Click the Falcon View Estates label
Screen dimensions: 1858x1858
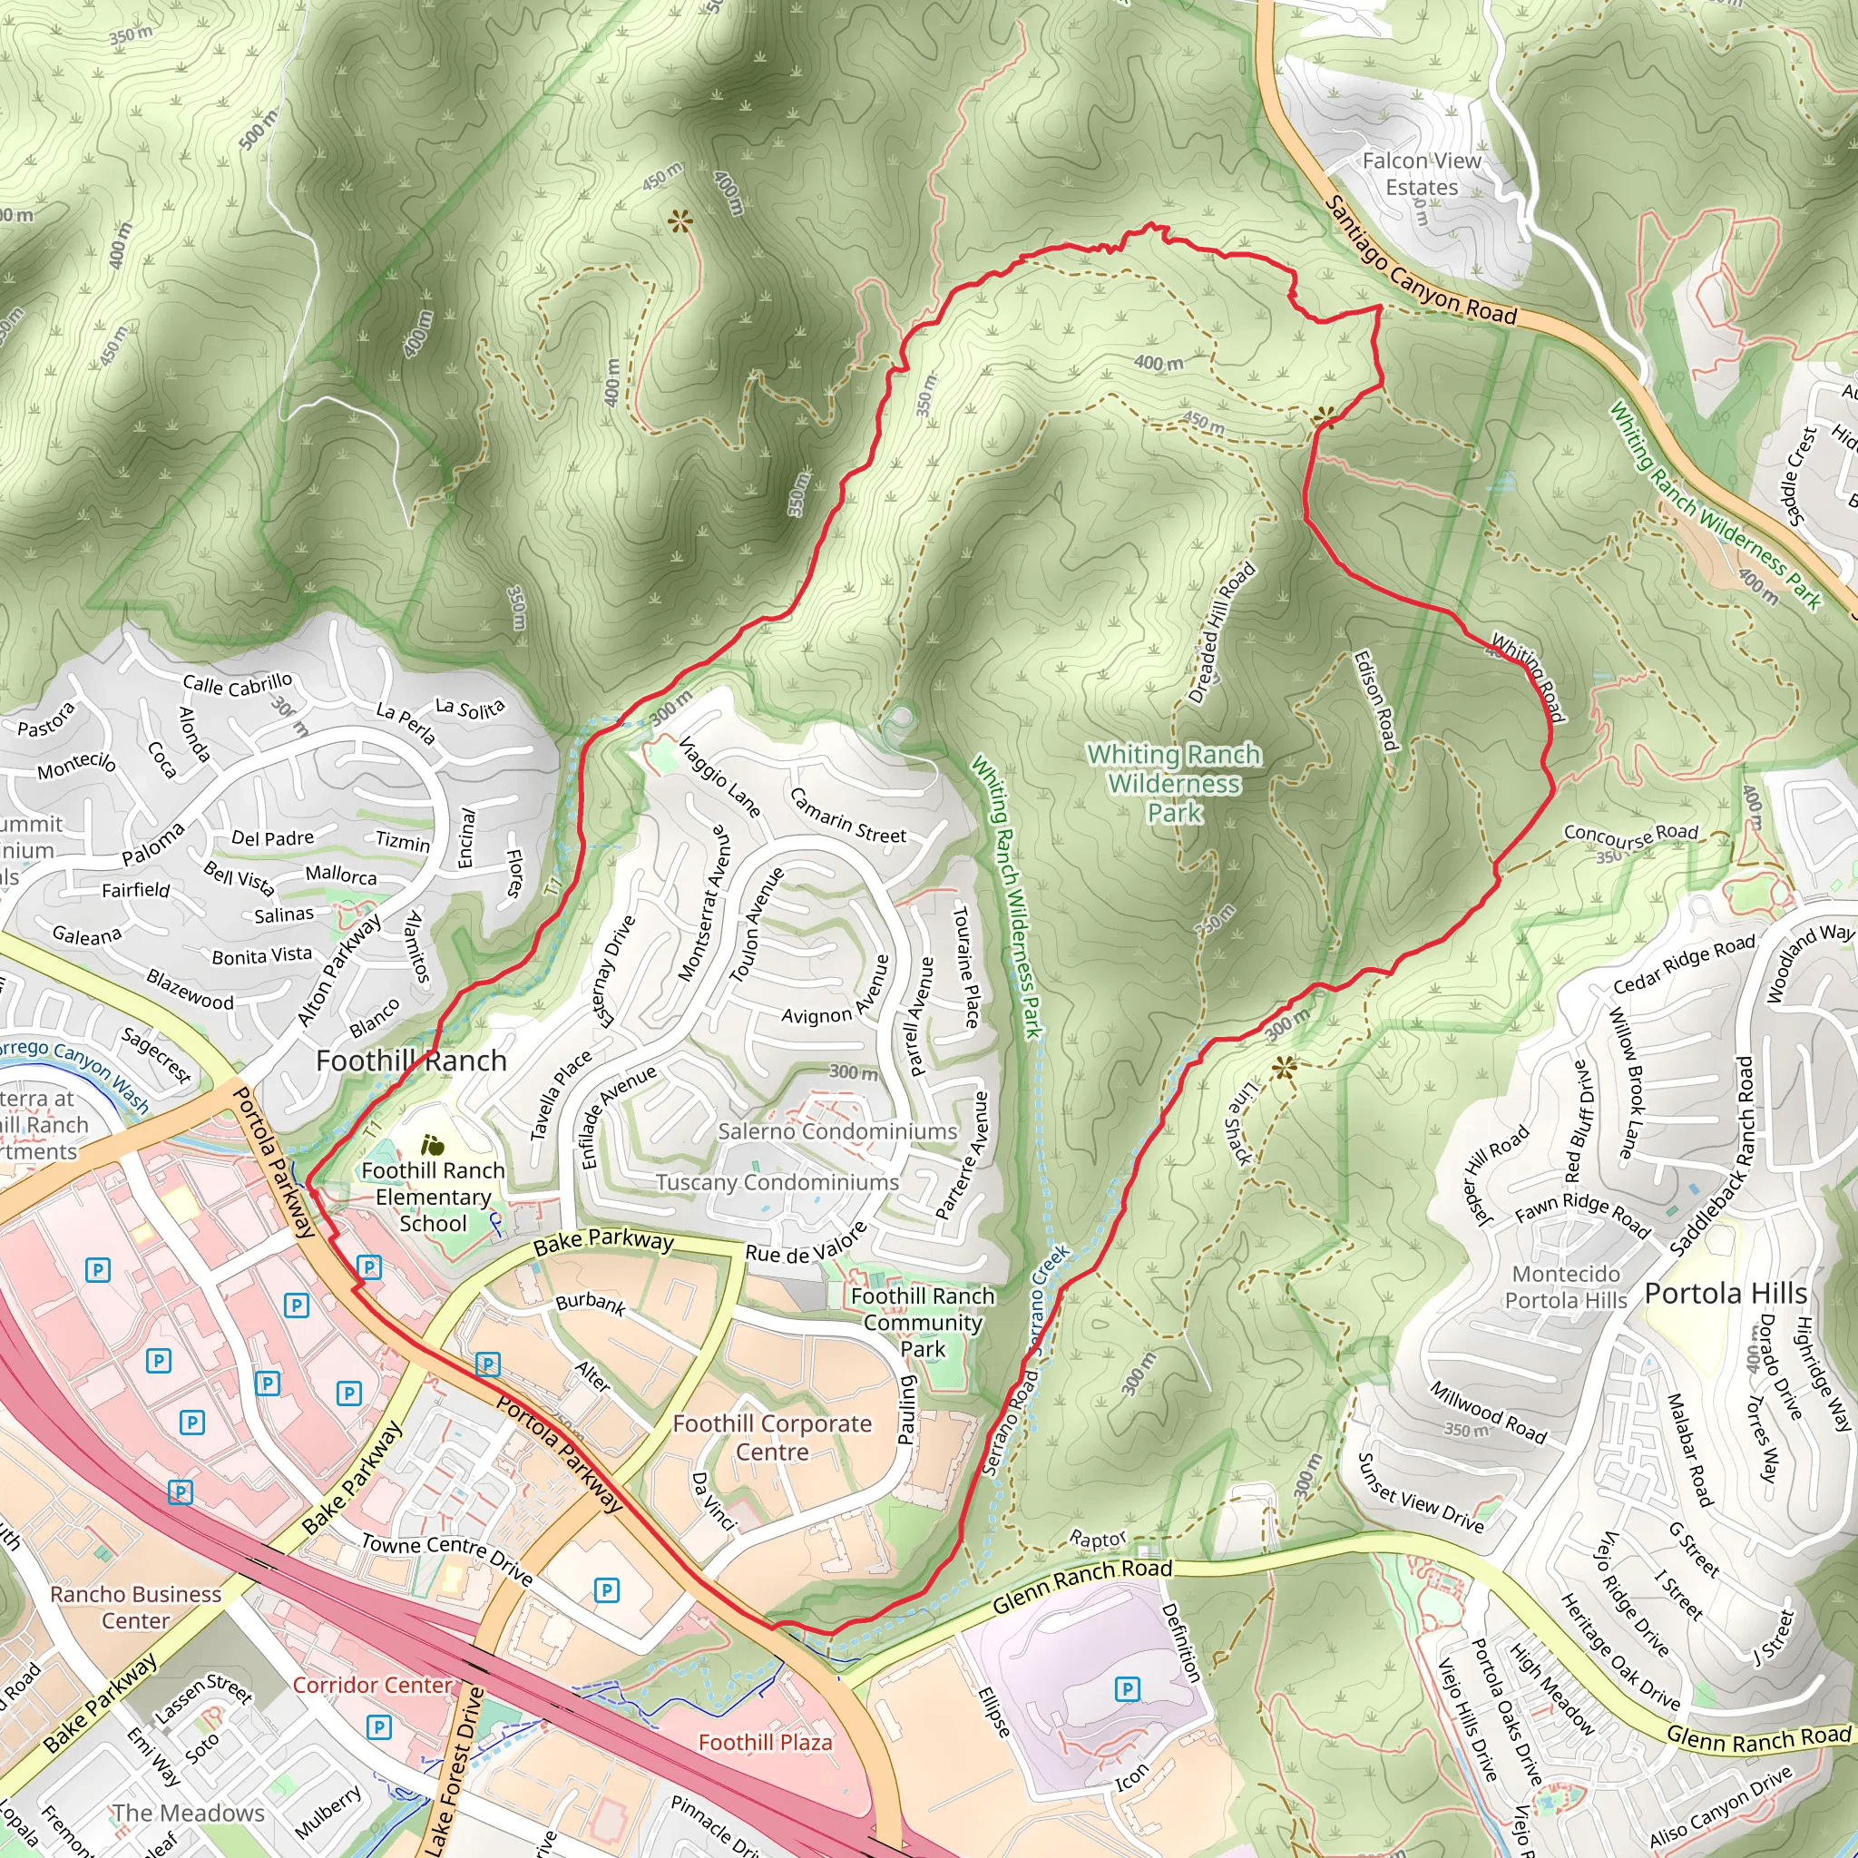[1422, 174]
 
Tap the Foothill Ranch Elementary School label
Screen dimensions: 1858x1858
[433, 1198]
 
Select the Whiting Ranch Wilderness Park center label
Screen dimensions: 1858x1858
[1174, 784]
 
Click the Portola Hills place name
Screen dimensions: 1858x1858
[1726, 1294]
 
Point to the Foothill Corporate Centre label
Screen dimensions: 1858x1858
[772, 1437]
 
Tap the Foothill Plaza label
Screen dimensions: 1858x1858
[765, 1743]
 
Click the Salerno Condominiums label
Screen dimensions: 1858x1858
[837, 1131]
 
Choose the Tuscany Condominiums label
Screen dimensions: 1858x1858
[777, 1182]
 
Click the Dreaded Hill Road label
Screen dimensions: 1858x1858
[1221, 633]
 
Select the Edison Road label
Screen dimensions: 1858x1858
[1374, 701]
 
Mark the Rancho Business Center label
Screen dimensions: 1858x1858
[135, 1607]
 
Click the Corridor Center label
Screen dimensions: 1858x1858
[372, 1685]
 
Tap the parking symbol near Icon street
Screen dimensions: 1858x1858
[1127, 1688]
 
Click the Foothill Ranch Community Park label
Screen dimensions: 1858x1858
[923, 1323]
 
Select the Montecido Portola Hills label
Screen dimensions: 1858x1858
[1566, 1286]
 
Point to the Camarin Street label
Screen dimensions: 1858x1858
[847, 817]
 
